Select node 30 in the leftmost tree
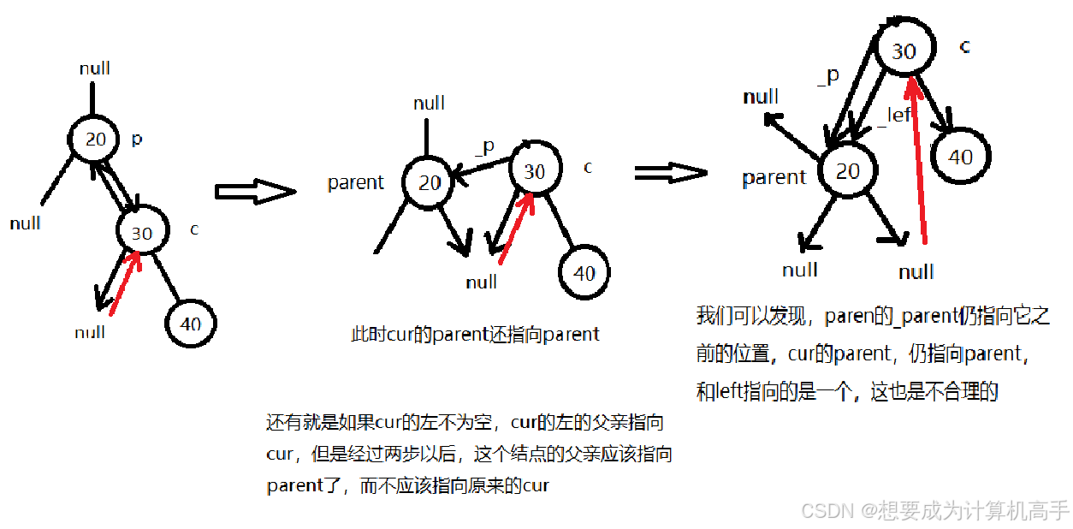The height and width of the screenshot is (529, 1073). pyautogui.click(x=142, y=232)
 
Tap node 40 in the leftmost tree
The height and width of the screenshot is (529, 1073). pyautogui.click(x=191, y=324)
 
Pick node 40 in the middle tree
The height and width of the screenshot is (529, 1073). pyautogui.click(x=584, y=272)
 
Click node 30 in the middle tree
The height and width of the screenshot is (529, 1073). pyautogui.click(x=534, y=171)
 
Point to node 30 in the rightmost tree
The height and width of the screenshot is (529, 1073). pyautogui.click(x=904, y=51)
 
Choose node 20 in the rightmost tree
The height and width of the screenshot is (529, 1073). pyautogui.click(x=847, y=170)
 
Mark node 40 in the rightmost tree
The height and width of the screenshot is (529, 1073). pyautogui.click(x=960, y=157)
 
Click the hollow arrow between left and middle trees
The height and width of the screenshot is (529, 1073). pyautogui.click(x=254, y=192)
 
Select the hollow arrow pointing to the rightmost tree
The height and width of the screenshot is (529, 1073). pyautogui.click(x=671, y=173)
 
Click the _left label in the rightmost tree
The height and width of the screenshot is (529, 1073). pyautogui.click(x=895, y=116)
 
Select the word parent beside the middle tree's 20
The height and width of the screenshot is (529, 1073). pyautogui.click(x=356, y=182)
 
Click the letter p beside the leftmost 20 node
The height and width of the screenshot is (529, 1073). pyautogui.click(x=137, y=139)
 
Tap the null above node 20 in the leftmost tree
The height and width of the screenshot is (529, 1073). pyautogui.click(x=95, y=68)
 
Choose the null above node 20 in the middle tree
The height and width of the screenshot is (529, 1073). pyautogui.click(x=429, y=104)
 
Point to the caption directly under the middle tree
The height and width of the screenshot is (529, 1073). pyautogui.click(x=476, y=334)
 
